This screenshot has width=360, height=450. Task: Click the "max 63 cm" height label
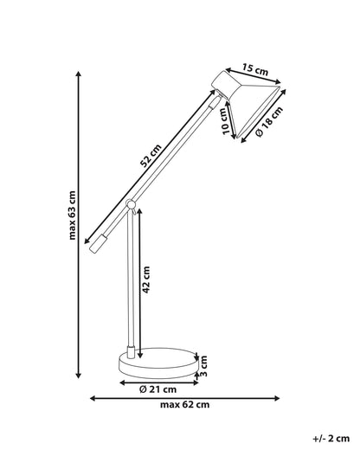73,215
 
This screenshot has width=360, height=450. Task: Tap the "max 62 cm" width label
185,405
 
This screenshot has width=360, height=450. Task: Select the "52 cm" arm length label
151,156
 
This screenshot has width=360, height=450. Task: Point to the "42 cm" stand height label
146,280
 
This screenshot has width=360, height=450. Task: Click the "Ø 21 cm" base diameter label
157,389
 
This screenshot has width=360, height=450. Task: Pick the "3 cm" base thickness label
204,366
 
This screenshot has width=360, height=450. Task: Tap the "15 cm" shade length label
255,69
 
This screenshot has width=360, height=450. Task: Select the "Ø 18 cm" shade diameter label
270,121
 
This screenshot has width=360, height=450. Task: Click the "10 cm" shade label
228,121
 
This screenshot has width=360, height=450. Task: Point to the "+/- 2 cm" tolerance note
331,439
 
